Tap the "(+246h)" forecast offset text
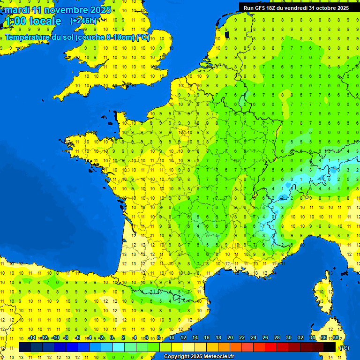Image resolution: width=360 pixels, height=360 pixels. coord(83,21)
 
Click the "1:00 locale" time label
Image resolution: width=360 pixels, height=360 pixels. coord(33,21)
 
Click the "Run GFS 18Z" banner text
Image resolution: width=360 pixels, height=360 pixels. coord(265,7)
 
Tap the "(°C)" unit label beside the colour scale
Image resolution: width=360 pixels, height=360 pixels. coord(344,348)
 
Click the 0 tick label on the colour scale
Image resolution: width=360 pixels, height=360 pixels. coord(112,338)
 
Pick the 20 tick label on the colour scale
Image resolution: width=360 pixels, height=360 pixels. coord(230,338)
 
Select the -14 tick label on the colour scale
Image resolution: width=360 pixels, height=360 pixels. coord(32,338)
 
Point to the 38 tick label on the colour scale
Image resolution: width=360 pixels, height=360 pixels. coord(335,338)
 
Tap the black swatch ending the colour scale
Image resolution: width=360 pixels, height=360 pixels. coord(330,347)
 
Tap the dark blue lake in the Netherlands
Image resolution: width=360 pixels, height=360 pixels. coord(227,34)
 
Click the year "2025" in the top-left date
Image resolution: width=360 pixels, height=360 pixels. coord(100,10)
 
